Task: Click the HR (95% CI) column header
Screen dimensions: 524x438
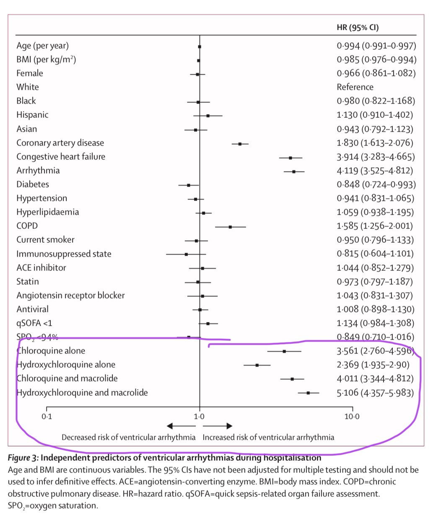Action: pos(358,28)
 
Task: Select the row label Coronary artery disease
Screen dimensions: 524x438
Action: pos(60,143)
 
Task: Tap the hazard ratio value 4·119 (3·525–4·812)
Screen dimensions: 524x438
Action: pos(375,171)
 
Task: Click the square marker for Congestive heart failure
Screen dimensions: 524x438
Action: pos(290,158)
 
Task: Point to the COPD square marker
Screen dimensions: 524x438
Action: pos(230,227)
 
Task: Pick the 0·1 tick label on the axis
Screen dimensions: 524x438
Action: pos(47,416)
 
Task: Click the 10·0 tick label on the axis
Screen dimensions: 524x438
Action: pos(352,416)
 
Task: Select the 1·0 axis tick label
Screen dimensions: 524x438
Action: pos(199,416)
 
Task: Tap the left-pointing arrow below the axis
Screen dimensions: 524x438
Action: pos(181,426)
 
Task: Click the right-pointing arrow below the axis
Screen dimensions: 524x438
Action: pos(218,426)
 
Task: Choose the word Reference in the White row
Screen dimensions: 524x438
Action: pos(355,87)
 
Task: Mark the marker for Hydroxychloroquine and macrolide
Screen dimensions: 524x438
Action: pos(308,393)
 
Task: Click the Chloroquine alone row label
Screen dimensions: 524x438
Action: pos(51,351)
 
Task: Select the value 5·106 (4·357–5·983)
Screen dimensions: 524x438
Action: pos(375,393)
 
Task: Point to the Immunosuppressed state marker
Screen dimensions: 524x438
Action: pos(186,254)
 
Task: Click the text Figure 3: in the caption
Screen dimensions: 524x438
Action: pos(23,457)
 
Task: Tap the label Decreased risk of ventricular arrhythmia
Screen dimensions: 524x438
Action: pos(128,437)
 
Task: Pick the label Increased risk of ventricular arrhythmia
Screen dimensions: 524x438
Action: pos(268,437)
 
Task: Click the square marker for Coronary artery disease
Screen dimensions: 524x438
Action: pos(240,144)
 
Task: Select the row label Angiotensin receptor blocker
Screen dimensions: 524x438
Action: pos(70,296)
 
